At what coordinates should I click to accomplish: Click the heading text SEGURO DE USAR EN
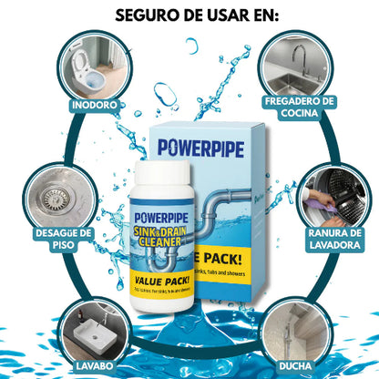(189, 15)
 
